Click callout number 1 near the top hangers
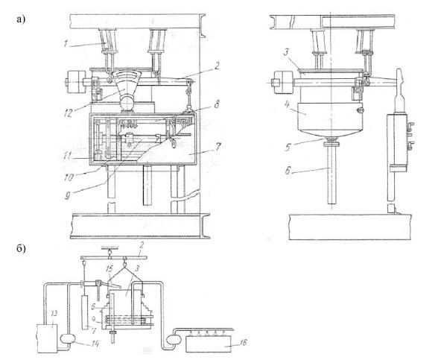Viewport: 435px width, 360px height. pos(66,43)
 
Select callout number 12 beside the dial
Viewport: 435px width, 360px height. pos(69,113)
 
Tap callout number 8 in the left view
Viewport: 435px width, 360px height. pos(217,104)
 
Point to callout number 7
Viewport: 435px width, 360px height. pos(217,146)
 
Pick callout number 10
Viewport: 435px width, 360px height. pos(69,177)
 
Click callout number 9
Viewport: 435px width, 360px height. pos(68,196)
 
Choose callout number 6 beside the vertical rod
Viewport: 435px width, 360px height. pos(288,171)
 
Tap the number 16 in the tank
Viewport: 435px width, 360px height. pos(242,343)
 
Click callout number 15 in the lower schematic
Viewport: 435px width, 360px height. pos(110,269)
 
